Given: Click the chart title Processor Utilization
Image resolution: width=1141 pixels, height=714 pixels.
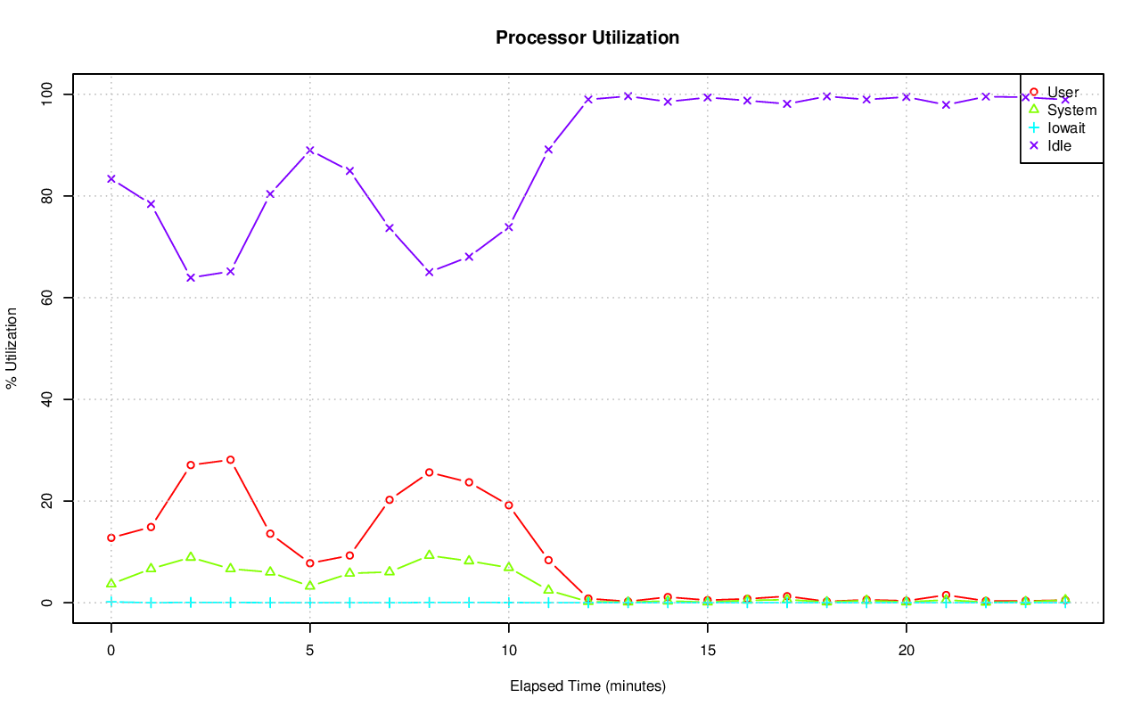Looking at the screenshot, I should (x=587, y=37).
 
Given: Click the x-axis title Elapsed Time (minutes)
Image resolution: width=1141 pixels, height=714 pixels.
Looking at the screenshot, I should (x=587, y=686).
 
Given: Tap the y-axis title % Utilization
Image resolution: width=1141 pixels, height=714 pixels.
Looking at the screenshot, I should (x=12, y=348).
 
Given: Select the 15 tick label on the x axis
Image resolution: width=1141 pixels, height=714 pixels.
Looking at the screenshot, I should (x=707, y=651).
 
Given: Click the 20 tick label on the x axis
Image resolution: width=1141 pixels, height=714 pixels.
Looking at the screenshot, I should (x=906, y=651).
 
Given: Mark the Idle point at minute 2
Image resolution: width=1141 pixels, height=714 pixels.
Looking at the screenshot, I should (x=191, y=277).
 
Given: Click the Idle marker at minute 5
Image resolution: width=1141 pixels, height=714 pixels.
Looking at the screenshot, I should (x=310, y=150).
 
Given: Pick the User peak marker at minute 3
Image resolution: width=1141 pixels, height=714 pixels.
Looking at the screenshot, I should (x=230, y=460).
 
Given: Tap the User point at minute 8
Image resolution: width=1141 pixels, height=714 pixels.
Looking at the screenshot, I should (x=429, y=472).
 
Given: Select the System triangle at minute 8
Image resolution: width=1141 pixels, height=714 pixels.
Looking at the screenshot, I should (x=429, y=554).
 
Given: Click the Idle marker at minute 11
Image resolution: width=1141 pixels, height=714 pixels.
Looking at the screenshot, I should (x=548, y=149).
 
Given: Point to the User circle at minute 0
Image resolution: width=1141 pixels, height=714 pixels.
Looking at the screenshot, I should (x=111, y=538).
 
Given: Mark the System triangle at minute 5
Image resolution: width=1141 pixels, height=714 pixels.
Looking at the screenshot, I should (x=310, y=586).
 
